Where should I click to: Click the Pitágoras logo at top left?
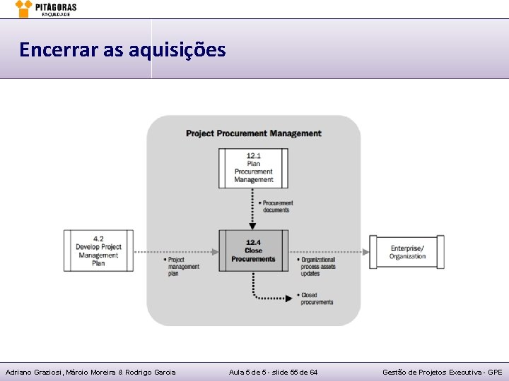coord(45,8)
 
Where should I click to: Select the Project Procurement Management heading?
coord(253,133)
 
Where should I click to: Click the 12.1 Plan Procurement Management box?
coord(253,168)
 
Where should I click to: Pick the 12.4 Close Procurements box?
coord(253,250)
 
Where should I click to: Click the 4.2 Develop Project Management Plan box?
coord(98,250)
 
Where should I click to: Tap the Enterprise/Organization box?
coord(407,252)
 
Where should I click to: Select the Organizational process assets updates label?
coord(317,266)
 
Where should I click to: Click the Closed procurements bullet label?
coord(316,298)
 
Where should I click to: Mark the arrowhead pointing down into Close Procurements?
coord(253,226)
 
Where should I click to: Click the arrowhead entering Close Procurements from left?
coord(214,251)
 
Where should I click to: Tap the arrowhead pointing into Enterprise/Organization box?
coord(365,251)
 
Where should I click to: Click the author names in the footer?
coord(90,372)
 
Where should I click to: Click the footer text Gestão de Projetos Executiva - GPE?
coord(443,372)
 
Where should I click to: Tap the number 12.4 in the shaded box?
coord(253,242)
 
